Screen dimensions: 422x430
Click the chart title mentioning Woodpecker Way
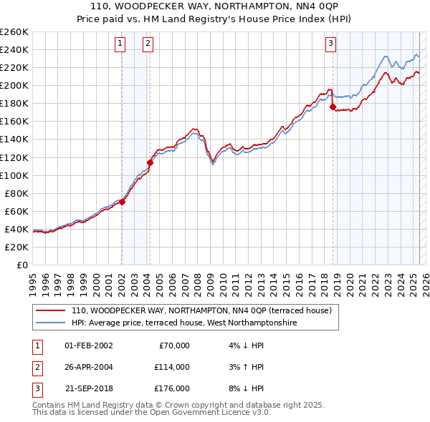click(215, 6)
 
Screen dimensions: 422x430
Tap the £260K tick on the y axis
click(14, 32)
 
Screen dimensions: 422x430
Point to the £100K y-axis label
click(14, 175)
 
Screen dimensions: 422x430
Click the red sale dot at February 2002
click(123, 202)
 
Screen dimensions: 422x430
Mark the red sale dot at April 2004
click(150, 162)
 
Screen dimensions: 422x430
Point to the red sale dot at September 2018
click(333, 107)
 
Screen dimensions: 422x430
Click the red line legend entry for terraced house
click(201, 311)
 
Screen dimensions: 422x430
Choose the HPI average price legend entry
click(183, 323)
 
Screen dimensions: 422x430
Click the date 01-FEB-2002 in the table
click(88, 345)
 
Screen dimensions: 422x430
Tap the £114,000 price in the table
click(172, 367)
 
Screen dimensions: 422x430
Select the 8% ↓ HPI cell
click(244, 388)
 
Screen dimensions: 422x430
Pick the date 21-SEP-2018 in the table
click(88, 388)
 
